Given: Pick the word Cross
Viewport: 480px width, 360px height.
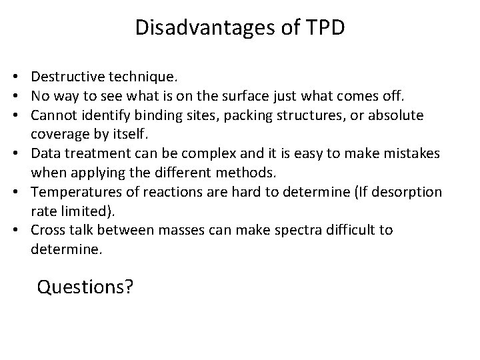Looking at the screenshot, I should click(x=47, y=230).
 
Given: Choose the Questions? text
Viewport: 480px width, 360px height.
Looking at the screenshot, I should click(x=85, y=287).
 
